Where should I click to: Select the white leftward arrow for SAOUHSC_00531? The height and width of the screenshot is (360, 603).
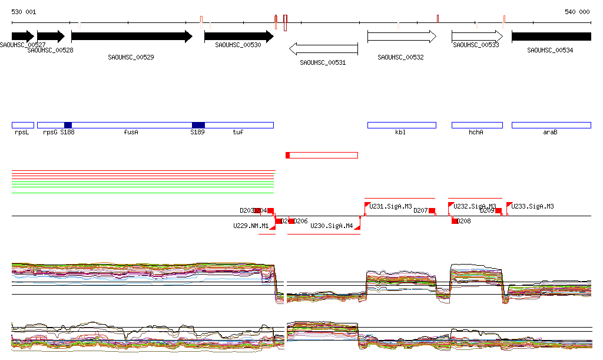[323, 48]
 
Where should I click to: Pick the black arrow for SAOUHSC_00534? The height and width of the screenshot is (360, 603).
[551, 37]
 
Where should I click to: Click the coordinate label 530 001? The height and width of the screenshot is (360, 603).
[24, 12]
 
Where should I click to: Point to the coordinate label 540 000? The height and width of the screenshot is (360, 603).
[577, 12]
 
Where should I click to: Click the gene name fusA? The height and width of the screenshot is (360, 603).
[131, 133]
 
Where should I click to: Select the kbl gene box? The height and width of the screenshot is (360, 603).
[402, 125]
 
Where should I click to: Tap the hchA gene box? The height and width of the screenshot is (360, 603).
[477, 125]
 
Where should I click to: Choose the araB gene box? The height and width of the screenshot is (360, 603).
[551, 125]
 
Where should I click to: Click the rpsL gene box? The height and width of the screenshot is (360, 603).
[22, 125]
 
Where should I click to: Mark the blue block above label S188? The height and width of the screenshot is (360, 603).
[68, 125]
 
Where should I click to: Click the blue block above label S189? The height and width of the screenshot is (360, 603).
[198, 125]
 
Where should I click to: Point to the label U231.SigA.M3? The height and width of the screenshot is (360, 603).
[390, 206]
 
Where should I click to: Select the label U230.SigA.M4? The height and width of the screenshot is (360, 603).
[332, 226]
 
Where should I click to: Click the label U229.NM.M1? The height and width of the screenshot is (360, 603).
[251, 226]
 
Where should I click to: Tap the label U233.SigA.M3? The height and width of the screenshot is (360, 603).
[532, 206]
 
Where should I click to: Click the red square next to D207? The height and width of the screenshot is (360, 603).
[432, 210]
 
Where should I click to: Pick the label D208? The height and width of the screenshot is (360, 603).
[464, 221]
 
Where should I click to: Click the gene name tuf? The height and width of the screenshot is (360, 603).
[238, 133]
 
